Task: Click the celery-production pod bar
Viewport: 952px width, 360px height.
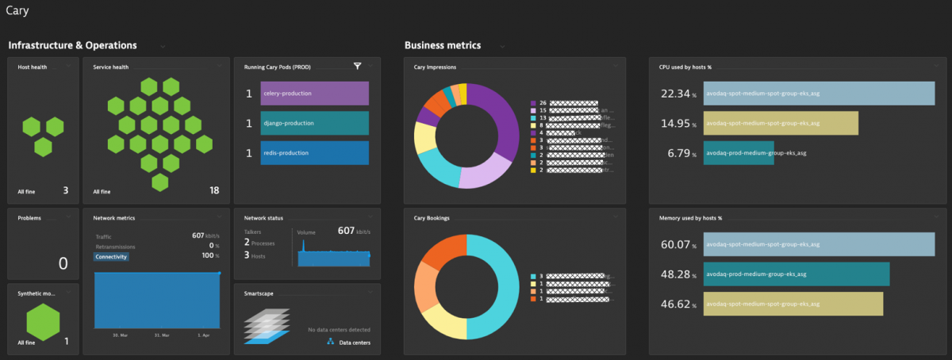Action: pos(314,94)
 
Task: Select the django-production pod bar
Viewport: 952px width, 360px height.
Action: pos(314,123)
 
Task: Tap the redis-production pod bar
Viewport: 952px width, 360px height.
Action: pos(314,153)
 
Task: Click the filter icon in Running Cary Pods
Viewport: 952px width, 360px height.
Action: pos(358,66)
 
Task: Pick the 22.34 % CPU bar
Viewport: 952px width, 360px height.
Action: pos(819,94)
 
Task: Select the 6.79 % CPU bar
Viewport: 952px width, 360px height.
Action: pos(738,153)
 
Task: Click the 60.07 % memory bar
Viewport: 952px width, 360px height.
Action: pos(819,244)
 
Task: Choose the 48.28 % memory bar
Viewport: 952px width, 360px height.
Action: pos(796,274)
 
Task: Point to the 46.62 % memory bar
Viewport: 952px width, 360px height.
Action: pos(793,304)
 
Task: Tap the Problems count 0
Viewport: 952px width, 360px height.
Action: pos(63,264)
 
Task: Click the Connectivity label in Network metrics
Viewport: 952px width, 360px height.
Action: pos(111,257)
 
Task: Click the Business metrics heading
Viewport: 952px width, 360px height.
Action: pos(442,46)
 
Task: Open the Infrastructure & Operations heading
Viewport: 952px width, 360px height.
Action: pos(72,46)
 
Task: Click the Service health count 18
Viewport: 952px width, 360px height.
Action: pos(214,190)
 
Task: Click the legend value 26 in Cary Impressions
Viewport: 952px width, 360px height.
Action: pos(543,103)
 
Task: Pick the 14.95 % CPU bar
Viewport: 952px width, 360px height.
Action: pos(781,123)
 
